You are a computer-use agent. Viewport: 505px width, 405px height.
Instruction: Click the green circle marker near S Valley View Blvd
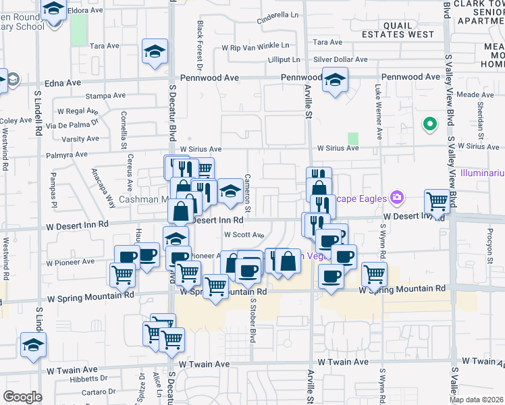[429, 124]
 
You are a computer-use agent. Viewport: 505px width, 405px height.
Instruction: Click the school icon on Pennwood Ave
[335, 80]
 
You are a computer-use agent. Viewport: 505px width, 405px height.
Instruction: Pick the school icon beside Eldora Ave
[53, 10]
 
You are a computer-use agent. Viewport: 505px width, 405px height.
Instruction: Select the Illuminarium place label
[482, 173]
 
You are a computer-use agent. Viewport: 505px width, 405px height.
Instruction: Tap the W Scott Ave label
[244, 235]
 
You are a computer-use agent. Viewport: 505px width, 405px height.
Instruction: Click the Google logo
[22, 397]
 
